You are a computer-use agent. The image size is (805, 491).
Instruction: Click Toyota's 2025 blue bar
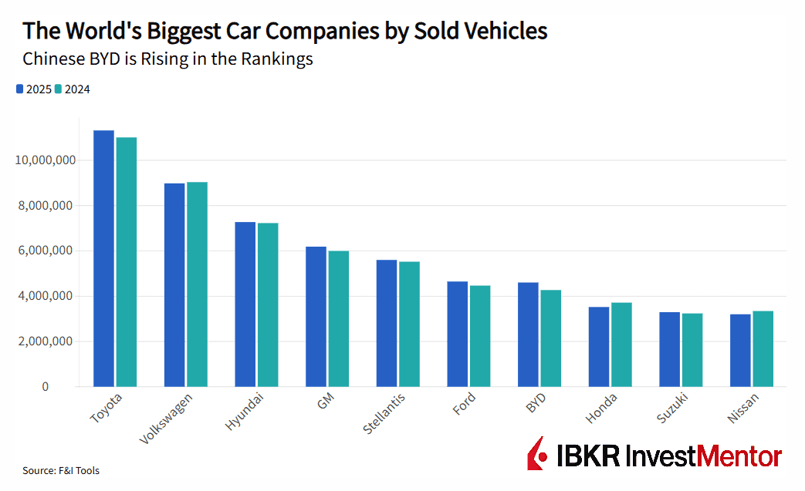(x=103, y=258)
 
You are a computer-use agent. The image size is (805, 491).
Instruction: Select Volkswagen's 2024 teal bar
(x=197, y=284)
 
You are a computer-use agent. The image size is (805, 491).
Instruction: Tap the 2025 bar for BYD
(x=528, y=335)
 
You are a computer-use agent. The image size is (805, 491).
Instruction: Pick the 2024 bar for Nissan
(x=763, y=349)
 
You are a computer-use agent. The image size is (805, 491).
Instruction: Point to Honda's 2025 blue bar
(x=599, y=347)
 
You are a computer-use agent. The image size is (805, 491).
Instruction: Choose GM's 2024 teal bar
(x=339, y=319)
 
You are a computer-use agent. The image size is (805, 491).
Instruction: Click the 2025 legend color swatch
(x=19, y=89)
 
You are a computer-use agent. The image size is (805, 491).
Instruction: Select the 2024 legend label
(x=77, y=89)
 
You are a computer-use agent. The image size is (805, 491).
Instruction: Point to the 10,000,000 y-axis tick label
(x=46, y=160)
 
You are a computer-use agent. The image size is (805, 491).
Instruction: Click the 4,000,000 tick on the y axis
(x=46, y=296)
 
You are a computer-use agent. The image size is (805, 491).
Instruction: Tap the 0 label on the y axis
(x=46, y=387)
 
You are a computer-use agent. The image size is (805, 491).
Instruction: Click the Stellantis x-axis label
(x=384, y=414)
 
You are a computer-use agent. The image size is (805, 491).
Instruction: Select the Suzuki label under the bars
(x=672, y=409)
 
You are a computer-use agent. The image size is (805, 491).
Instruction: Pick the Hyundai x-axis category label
(x=245, y=412)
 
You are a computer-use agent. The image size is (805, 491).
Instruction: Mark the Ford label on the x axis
(x=464, y=404)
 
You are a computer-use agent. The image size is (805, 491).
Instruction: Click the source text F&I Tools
(x=79, y=470)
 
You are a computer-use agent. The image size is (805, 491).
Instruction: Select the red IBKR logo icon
(x=537, y=453)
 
